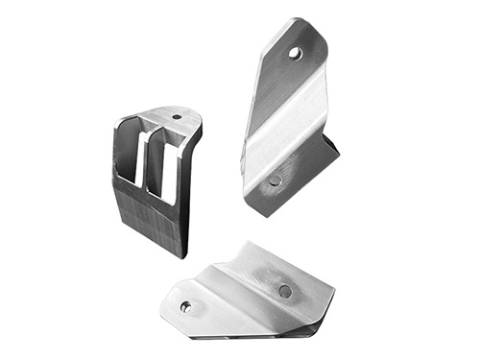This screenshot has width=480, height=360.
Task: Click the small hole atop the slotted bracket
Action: click(x=176, y=117)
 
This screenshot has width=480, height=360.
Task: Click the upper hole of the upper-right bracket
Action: click(x=296, y=54)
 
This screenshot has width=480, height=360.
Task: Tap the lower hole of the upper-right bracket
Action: click(x=276, y=180)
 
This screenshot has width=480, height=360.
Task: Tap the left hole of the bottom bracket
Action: click(x=185, y=306)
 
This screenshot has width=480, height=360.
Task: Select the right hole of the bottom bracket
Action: click(x=284, y=291)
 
